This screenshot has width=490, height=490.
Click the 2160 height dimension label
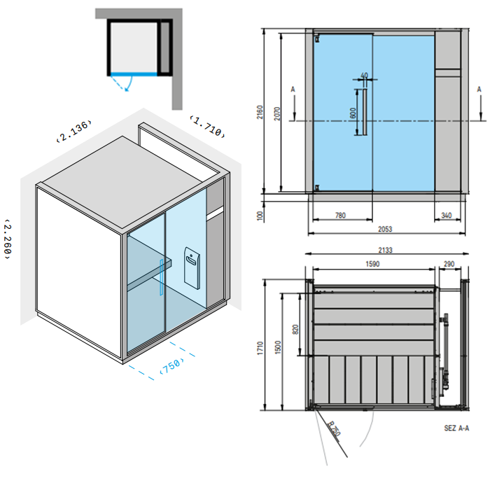(x=260, y=112)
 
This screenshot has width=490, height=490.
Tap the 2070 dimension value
(x=277, y=113)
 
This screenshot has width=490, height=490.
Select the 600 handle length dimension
(x=353, y=113)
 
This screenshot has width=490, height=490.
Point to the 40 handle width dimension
(x=365, y=76)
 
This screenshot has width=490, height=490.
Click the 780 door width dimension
(x=340, y=216)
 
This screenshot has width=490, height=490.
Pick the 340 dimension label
(x=447, y=216)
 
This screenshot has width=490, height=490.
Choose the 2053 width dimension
(x=385, y=229)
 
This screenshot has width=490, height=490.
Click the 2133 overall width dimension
(x=385, y=250)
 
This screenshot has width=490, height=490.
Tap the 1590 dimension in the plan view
(x=372, y=264)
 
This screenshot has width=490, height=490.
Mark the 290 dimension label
(x=449, y=264)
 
